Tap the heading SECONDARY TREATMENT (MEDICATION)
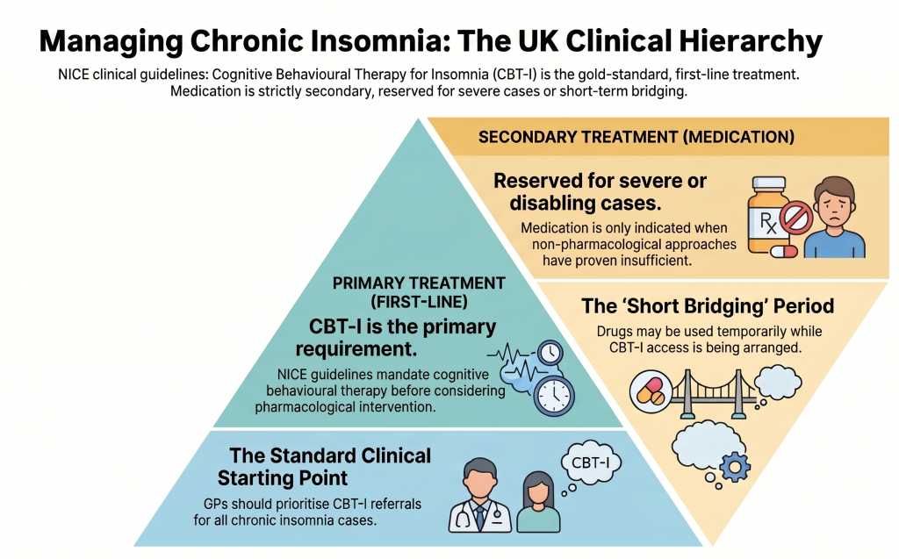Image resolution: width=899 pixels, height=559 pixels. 636,137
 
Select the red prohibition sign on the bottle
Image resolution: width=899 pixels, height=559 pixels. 796,217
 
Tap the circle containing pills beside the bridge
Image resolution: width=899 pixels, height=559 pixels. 651,391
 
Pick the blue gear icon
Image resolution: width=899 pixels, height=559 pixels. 735,467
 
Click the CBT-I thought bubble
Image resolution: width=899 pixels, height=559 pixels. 590,463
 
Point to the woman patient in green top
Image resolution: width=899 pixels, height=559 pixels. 538,502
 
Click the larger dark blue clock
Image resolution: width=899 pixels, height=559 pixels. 554,396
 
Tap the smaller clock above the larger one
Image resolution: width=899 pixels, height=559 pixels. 550,353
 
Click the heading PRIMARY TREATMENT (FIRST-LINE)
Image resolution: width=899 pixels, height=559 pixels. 419,292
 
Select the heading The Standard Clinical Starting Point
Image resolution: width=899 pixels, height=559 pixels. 324,467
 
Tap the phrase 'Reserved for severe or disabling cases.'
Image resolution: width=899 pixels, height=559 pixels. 600,192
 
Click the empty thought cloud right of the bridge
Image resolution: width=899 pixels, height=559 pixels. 778,383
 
